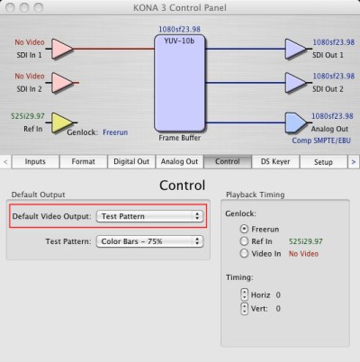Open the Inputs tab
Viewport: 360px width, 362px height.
(x=35, y=162)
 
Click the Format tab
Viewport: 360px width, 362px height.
(x=84, y=162)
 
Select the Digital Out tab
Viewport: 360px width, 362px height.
(x=131, y=162)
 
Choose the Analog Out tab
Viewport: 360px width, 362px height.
(x=179, y=162)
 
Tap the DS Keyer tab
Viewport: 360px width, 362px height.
(x=275, y=162)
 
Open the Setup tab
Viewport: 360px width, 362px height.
(x=323, y=162)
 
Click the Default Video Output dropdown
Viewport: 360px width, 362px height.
(x=149, y=216)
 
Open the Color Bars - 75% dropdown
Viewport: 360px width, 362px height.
(x=149, y=241)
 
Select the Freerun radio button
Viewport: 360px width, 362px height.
(x=244, y=229)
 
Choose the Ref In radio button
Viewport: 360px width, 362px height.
(x=244, y=241)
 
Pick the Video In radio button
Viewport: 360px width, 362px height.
(x=244, y=254)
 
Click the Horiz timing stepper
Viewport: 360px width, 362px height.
(x=245, y=294)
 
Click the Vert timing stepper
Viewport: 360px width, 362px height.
(x=245, y=308)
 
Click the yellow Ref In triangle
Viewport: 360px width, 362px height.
(x=61, y=122)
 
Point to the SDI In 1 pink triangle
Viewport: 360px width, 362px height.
(x=62, y=49)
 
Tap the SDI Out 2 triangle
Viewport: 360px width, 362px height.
(x=295, y=83)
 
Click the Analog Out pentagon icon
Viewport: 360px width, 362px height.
(x=296, y=122)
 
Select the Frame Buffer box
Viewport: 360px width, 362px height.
(x=180, y=83)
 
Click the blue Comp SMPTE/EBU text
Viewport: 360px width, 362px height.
(x=321, y=140)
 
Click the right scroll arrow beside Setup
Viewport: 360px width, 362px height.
(x=354, y=162)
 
